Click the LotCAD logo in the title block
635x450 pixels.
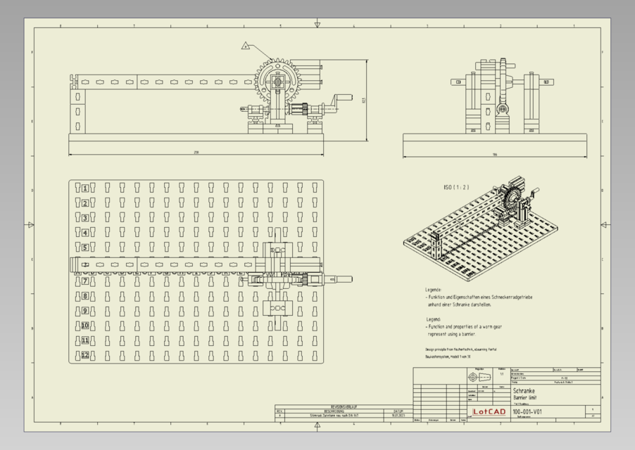tap(488, 411)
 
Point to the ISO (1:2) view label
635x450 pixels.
tap(456, 188)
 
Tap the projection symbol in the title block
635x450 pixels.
tap(479, 378)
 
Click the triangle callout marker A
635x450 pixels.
tap(246, 46)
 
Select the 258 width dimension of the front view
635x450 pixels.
tap(195, 151)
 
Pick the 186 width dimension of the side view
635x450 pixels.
tap(494, 154)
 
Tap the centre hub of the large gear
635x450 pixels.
tap(279, 82)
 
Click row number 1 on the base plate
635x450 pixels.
tap(85, 188)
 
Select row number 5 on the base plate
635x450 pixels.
tap(85, 247)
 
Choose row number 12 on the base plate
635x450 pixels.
tap(85, 355)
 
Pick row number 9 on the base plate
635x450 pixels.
tap(85, 311)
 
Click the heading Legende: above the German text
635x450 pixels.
tap(433, 290)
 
